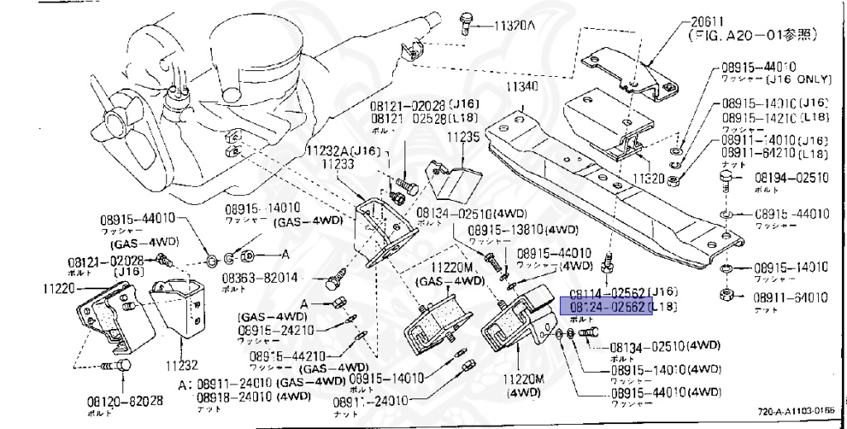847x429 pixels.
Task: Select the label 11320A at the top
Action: [514, 26]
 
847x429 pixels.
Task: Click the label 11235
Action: [463, 137]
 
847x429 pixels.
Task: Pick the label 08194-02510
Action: [791, 177]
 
